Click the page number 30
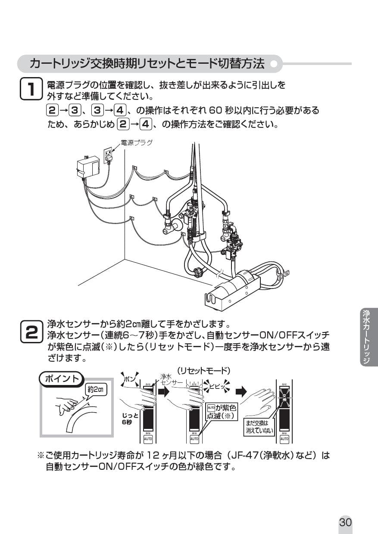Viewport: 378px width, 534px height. pos(346,522)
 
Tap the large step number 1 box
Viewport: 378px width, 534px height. pos(31,89)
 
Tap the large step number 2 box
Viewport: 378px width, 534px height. pos(31,332)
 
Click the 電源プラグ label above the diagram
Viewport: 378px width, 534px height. pos(136,143)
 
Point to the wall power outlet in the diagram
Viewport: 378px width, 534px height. pos(108,153)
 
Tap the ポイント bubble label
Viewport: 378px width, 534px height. pos(60,379)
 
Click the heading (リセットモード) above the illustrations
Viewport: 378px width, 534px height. pos(204,370)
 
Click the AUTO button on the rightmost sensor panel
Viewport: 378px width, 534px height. pos(284,438)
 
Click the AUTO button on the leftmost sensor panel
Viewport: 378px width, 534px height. pos(147,438)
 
